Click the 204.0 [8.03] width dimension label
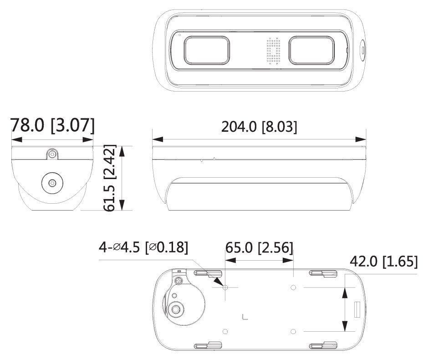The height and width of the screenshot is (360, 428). (x=259, y=127)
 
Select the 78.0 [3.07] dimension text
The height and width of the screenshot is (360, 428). (x=53, y=125)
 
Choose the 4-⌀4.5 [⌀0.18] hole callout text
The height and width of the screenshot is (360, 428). (x=143, y=247)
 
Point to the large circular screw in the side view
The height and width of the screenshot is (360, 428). (x=52, y=183)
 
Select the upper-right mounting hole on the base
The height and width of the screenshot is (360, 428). (x=294, y=288)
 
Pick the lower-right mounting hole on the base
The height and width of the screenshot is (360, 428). (x=294, y=330)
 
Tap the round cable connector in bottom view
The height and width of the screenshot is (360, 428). (x=176, y=309)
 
